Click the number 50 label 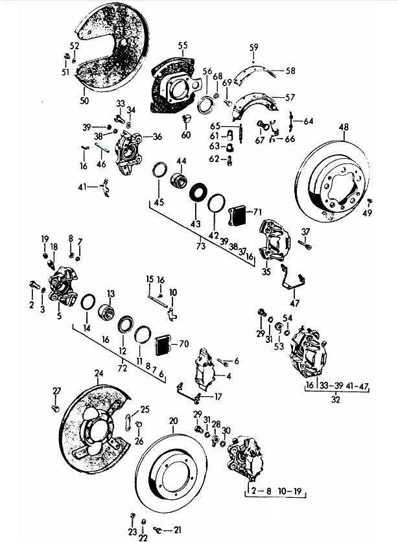tap(84, 100)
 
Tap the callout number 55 tap(183, 45)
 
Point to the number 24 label tap(99, 373)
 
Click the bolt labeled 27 tap(56, 408)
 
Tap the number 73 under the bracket tap(200, 246)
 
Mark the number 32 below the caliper tap(336, 401)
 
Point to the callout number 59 tap(253, 47)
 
